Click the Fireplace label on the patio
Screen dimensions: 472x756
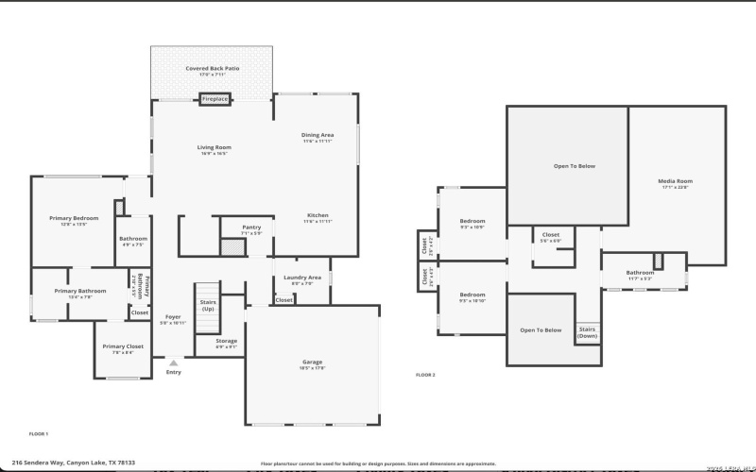coord(215,99)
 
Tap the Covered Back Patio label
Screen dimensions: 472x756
coord(212,69)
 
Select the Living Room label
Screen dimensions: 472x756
coord(215,147)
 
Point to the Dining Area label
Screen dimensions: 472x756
coord(318,135)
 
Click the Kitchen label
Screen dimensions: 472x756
coord(318,215)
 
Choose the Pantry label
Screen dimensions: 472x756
coord(251,227)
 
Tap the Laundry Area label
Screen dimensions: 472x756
coord(302,278)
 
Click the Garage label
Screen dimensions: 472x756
coord(313,362)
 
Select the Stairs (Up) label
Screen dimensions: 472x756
coord(208,305)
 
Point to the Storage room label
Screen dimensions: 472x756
coord(227,341)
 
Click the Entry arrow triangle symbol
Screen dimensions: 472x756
coord(173,362)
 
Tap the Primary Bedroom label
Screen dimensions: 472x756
coord(74,218)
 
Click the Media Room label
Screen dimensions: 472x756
coord(676,181)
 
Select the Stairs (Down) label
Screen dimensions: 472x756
coord(588,332)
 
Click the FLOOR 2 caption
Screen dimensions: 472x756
coord(425,375)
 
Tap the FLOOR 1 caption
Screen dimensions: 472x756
coord(39,433)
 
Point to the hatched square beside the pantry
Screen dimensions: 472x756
coord(232,246)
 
